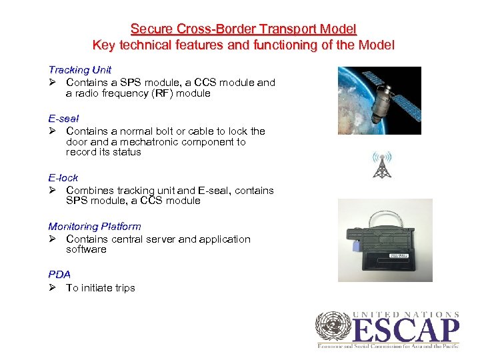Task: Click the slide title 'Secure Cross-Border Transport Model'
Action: pos(243,29)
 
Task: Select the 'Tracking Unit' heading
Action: pos(79,69)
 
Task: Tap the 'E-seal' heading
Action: pos(63,118)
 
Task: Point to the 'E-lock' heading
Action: pos(63,177)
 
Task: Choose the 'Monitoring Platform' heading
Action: pos(94,226)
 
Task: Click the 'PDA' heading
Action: pos(59,274)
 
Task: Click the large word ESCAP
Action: pos(407,331)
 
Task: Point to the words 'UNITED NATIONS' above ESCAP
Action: pos(406,314)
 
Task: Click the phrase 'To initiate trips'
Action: pos(101,288)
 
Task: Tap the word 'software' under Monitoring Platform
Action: pos(86,249)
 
